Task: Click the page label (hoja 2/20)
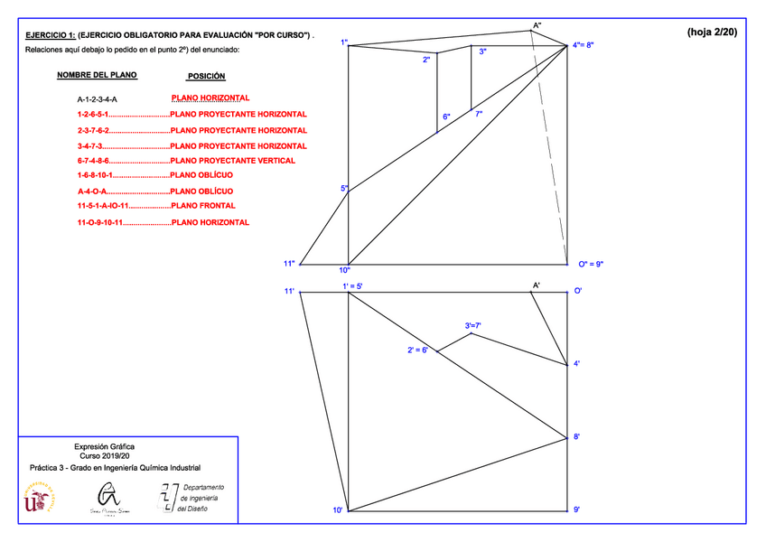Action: [x=712, y=33]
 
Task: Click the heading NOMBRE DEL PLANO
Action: [x=97, y=76]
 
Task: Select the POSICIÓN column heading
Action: [x=206, y=77]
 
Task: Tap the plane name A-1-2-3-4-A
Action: [x=97, y=98]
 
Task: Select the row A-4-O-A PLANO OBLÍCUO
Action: [x=155, y=192]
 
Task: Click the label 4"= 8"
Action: [x=583, y=44]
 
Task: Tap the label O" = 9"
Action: [x=590, y=265]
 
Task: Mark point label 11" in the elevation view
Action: [x=289, y=264]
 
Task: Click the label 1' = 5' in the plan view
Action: [x=352, y=286]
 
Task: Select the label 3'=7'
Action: [x=473, y=325]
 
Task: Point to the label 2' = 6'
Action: [x=416, y=350]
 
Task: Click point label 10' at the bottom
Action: [x=337, y=511]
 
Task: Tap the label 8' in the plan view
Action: [x=577, y=437]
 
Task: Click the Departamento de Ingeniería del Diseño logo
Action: [x=192, y=498]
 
